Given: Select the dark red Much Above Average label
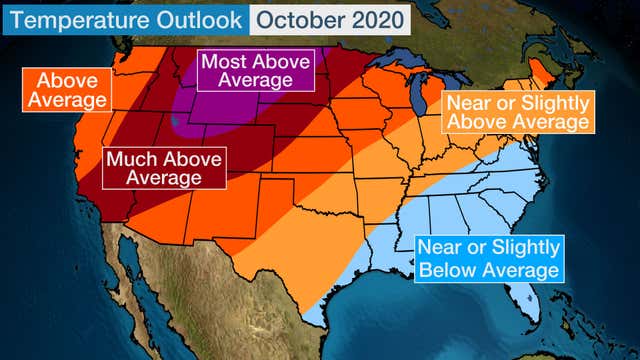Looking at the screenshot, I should click(x=165, y=168).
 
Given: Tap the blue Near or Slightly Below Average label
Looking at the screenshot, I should click(x=489, y=258).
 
